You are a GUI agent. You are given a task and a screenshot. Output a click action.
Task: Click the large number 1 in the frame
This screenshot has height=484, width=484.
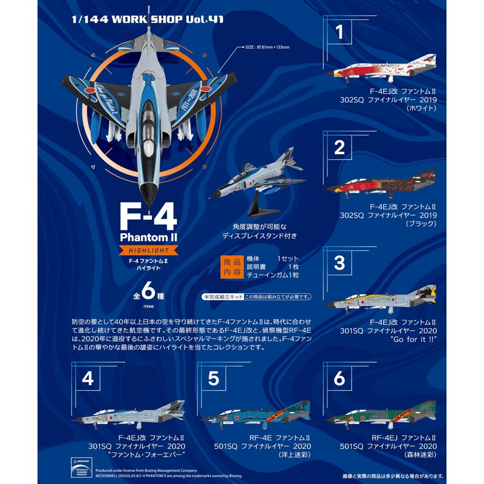pos(339,32)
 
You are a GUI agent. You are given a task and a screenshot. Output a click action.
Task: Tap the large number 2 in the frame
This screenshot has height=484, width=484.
pos(339,147)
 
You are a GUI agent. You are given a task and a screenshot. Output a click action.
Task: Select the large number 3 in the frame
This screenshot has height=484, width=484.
pos(339,263)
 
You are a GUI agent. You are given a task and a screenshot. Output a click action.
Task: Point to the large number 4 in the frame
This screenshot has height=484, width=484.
pos(88,379)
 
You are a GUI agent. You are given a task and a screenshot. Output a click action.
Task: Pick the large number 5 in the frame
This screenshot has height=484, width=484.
pos(213,379)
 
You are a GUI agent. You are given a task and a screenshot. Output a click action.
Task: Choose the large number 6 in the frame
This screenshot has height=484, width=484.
pos(339,379)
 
